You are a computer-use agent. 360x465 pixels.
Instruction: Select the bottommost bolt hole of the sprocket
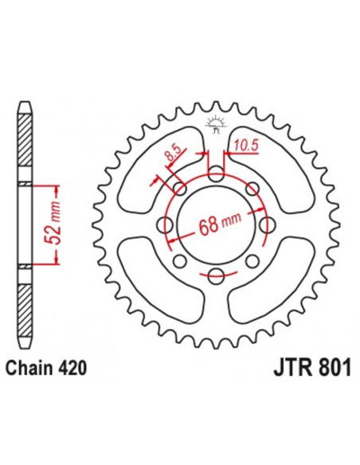215,276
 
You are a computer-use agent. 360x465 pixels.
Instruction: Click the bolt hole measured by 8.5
181,190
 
